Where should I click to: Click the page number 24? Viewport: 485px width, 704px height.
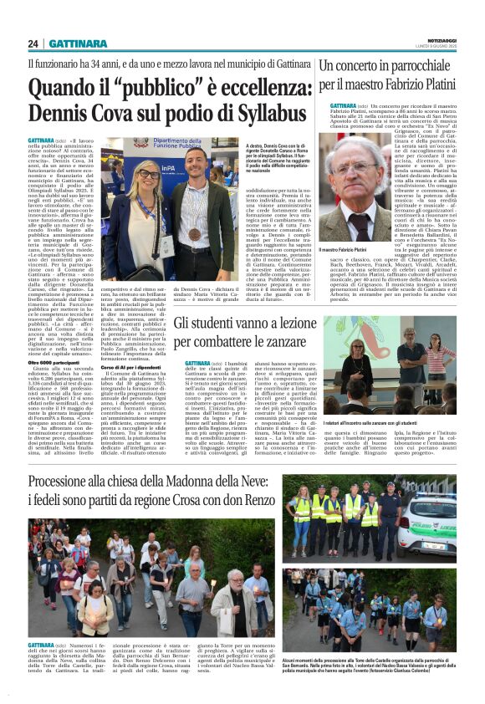pyautogui.click(x=33, y=43)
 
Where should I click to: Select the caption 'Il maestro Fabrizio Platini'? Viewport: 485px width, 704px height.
pyautogui.click(x=355, y=250)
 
